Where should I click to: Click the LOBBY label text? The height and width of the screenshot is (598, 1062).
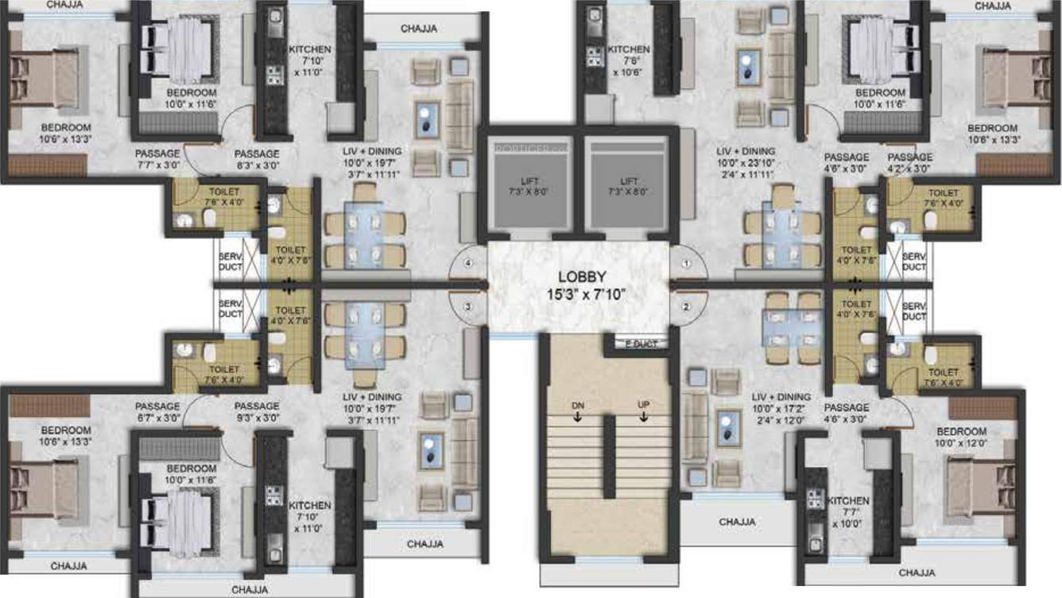tap(582, 277)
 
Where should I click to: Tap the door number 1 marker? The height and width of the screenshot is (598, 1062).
tap(688, 262)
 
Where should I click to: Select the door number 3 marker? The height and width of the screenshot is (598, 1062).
tap(469, 306)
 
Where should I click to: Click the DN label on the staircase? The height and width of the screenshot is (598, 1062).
tap(577, 405)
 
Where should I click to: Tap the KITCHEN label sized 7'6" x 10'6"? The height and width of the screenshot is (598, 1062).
tap(629, 49)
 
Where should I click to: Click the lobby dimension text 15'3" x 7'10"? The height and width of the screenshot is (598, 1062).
tap(582, 294)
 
